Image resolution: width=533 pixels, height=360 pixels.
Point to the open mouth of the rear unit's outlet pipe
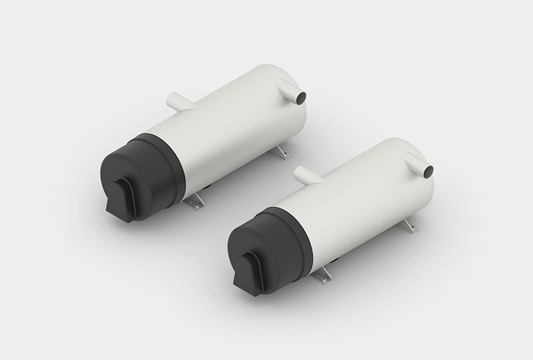[x=301, y=96]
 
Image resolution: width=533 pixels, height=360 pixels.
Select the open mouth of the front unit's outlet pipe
[x=429, y=171]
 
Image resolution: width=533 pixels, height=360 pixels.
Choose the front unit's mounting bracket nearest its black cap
[x=323, y=275]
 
